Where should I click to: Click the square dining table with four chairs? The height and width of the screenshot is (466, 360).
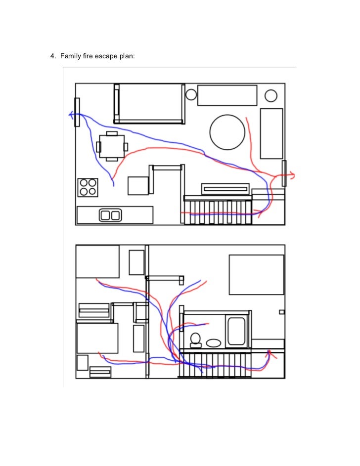point(112,146)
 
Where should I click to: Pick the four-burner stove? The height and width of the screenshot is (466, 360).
point(88,187)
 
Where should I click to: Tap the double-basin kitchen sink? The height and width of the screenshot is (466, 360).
point(110,215)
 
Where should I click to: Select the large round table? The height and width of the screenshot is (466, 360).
point(227,132)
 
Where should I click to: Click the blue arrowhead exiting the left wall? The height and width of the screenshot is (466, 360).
point(71,115)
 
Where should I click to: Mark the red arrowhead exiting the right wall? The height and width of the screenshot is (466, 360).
point(292,174)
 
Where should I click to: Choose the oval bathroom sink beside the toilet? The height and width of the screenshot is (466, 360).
point(214,342)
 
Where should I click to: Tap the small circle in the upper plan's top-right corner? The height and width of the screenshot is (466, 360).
point(271,95)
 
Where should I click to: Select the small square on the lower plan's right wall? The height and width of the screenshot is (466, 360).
point(282,312)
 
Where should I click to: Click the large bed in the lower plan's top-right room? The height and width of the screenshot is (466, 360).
point(256,275)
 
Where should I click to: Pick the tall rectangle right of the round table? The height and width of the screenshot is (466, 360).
point(271,133)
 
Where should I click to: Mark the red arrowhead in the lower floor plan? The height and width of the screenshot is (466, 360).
point(270,353)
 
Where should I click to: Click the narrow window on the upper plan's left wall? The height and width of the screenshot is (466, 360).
point(77,112)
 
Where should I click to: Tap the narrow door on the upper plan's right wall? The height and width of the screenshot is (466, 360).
point(284,173)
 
